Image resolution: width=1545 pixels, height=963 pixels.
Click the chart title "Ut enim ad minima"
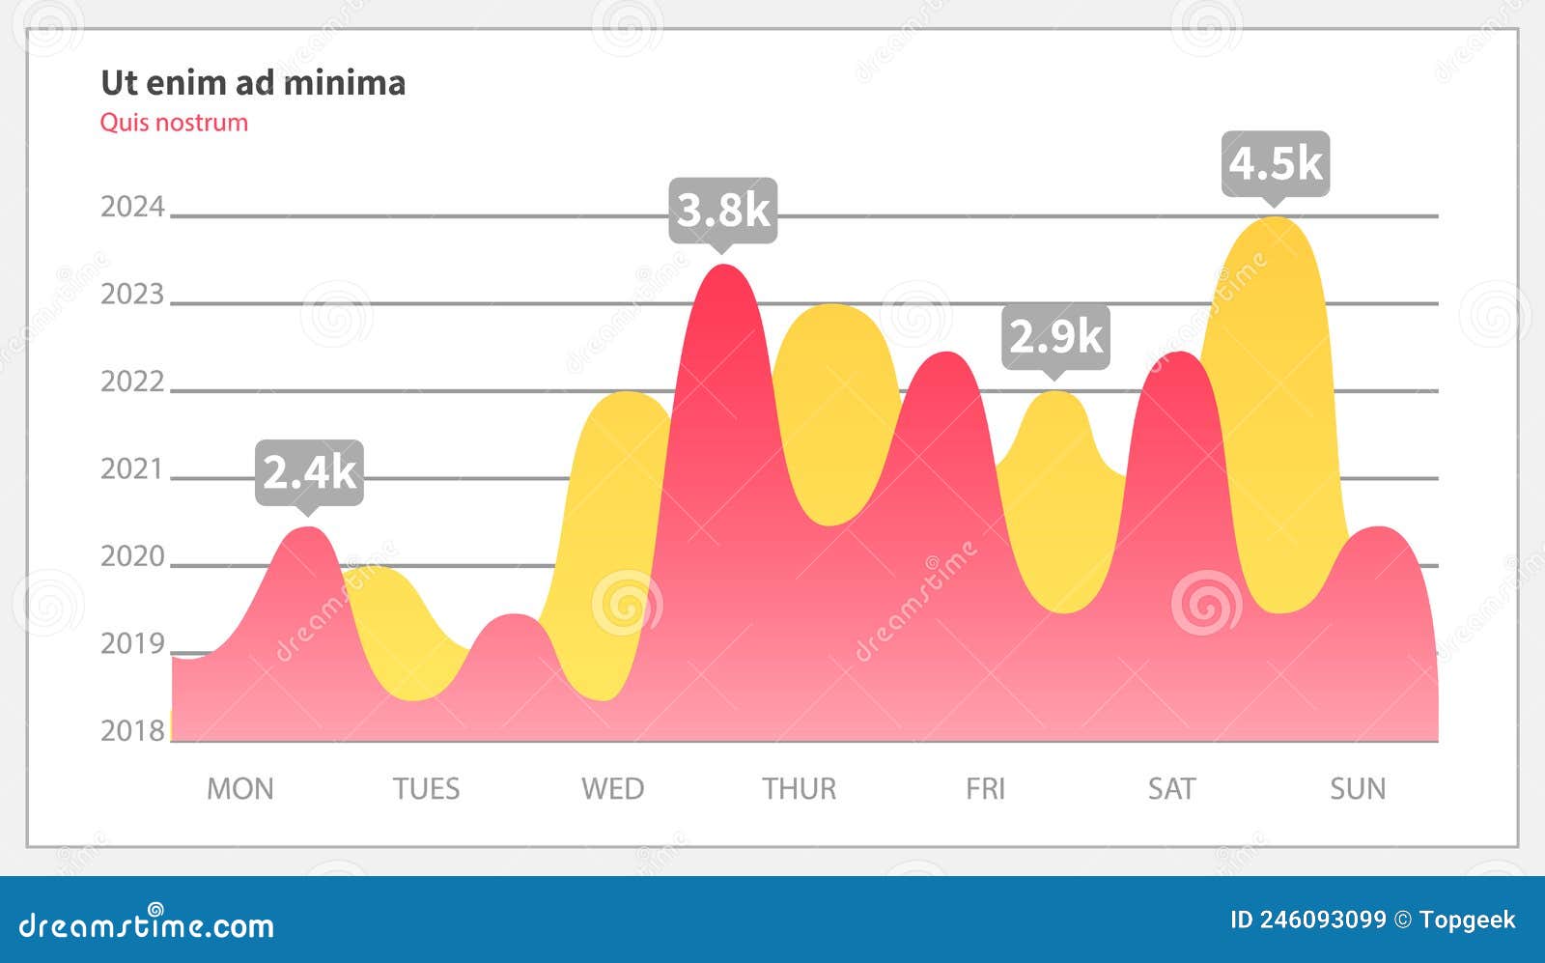253,83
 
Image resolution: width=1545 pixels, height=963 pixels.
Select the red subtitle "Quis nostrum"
174,123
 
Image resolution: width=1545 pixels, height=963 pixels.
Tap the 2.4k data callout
309,471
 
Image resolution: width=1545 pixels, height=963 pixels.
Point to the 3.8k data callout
723,209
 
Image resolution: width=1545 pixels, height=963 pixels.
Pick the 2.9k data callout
1055,335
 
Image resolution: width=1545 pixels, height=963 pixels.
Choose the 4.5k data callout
1276,162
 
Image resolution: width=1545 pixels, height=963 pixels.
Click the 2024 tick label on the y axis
133,207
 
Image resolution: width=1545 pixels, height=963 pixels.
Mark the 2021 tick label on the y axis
133,468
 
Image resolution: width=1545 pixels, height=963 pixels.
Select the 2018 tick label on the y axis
133,730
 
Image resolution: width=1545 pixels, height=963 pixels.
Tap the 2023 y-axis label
133,294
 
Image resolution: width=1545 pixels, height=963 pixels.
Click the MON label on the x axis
240,789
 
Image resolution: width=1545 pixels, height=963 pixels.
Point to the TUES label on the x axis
426,789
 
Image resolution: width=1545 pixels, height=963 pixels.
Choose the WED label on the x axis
612,789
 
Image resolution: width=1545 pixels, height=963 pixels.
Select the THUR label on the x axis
800,789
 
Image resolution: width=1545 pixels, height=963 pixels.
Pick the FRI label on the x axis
985,789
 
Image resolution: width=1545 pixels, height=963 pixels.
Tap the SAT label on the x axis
1171,789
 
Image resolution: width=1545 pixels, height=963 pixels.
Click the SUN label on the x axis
1358,789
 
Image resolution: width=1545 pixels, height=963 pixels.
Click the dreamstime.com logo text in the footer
147,925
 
